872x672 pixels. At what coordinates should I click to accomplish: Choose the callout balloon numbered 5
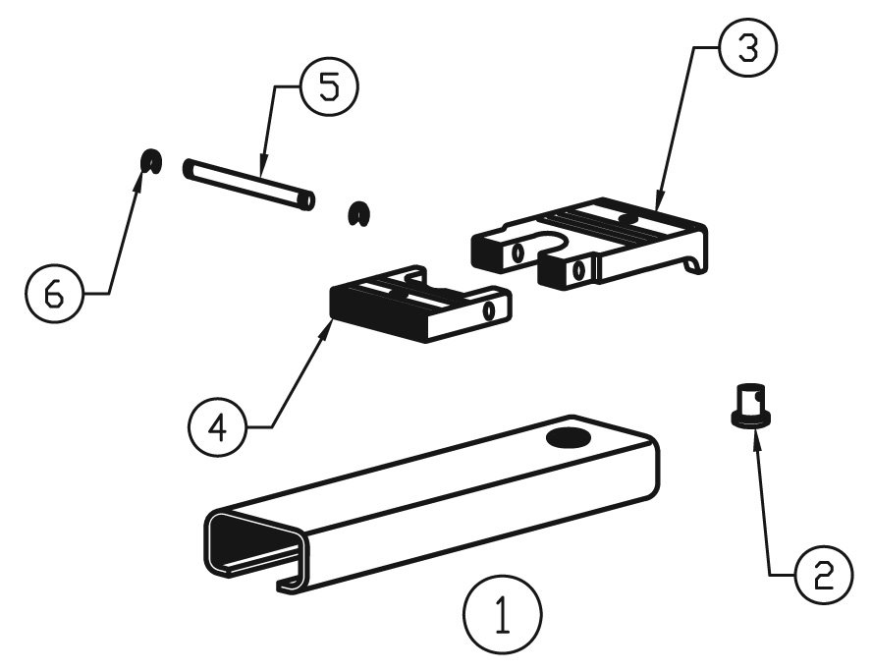pyautogui.click(x=329, y=86)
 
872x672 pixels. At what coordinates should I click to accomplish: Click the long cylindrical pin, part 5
pyautogui.click(x=249, y=183)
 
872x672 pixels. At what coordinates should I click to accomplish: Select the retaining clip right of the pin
pyautogui.click(x=359, y=214)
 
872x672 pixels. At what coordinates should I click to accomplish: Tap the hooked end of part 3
pyautogui.click(x=696, y=263)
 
